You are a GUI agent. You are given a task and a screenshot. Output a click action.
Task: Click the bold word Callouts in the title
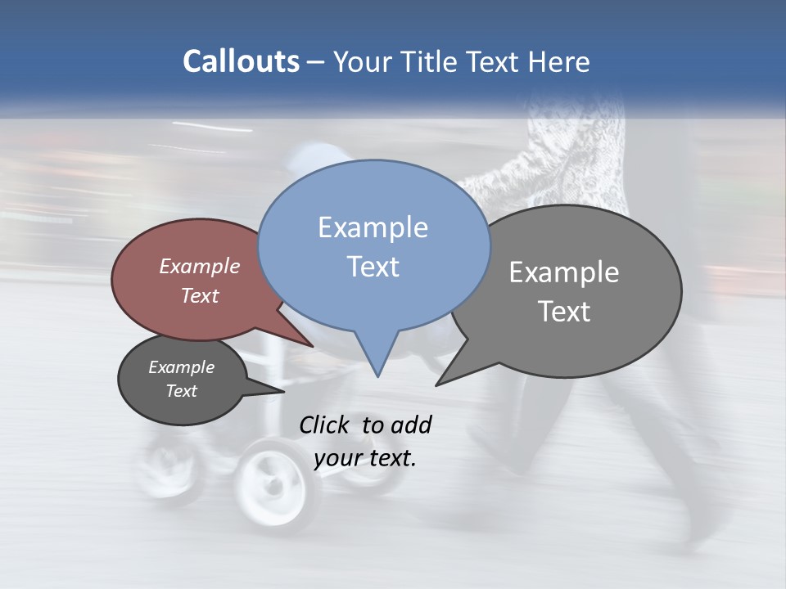[x=241, y=61]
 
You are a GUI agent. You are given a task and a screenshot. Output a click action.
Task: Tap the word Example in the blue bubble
[x=373, y=227]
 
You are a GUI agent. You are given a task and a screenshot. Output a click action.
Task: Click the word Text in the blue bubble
[x=373, y=267]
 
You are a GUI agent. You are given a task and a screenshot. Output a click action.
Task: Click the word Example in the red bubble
[x=199, y=266]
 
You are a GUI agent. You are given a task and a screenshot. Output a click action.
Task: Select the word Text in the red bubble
[x=199, y=295]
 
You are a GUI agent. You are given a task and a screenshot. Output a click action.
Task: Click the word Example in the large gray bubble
[x=564, y=272]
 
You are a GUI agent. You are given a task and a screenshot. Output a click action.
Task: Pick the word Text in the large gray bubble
[x=564, y=312]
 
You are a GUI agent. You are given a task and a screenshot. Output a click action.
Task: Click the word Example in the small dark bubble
[x=181, y=367]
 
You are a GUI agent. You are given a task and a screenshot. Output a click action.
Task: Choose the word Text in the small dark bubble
[x=181, y=391]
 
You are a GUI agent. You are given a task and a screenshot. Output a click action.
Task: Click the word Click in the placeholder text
[x=325, y=425]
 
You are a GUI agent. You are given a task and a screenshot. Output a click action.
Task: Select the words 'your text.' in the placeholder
[x=365, y=458]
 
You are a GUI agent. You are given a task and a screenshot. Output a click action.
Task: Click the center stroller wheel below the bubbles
[x=273, y=483]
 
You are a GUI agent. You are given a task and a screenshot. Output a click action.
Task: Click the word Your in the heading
[x=365, y=61]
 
